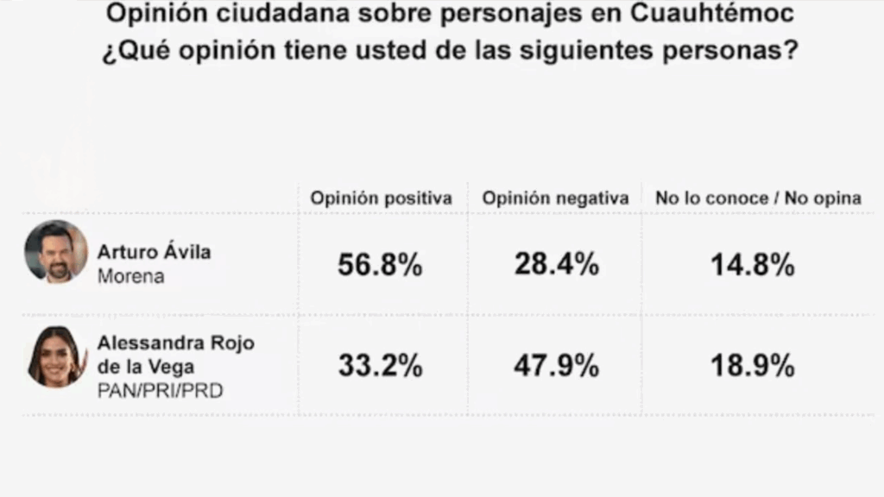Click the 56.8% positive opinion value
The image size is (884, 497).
point(380,265)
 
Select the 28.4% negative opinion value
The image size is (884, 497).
point(556,265)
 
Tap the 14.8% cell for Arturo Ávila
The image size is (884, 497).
point(752,265)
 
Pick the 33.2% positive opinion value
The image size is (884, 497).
point(380,366)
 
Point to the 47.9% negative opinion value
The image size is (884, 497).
point(556,366)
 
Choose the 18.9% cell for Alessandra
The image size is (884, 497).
point(752,366)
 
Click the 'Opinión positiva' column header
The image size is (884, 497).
point(382,198)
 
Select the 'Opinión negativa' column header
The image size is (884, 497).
point(556,198)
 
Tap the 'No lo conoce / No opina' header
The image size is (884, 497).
point(758,198)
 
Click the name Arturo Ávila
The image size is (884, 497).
point(155,253)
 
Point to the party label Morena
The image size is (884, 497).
point(130,277)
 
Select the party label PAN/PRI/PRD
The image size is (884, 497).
point(160,391)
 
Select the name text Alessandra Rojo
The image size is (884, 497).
point(175,343)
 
